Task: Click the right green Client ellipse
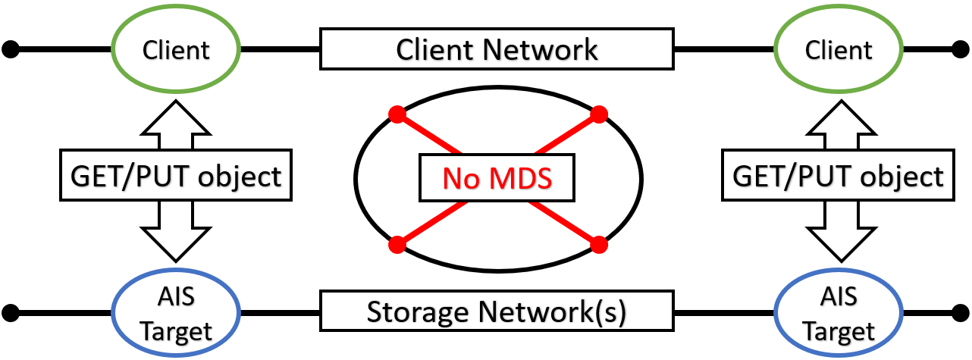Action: [839, 50]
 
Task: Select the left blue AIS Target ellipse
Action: [176, 312]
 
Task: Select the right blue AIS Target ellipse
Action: [839, 312]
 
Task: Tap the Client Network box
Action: [497, 49]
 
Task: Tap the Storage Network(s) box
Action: [497, 311]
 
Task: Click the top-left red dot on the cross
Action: [396, 114]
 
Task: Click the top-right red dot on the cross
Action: [599, 114]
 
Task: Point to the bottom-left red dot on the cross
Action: [396, 245]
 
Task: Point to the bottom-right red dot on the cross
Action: [599, 245]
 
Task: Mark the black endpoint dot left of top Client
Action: [10, 50]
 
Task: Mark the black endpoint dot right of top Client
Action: [961, 50]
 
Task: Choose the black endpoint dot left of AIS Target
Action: [10, 311]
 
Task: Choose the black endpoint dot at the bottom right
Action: [961, 311]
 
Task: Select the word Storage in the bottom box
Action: [410, 311]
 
